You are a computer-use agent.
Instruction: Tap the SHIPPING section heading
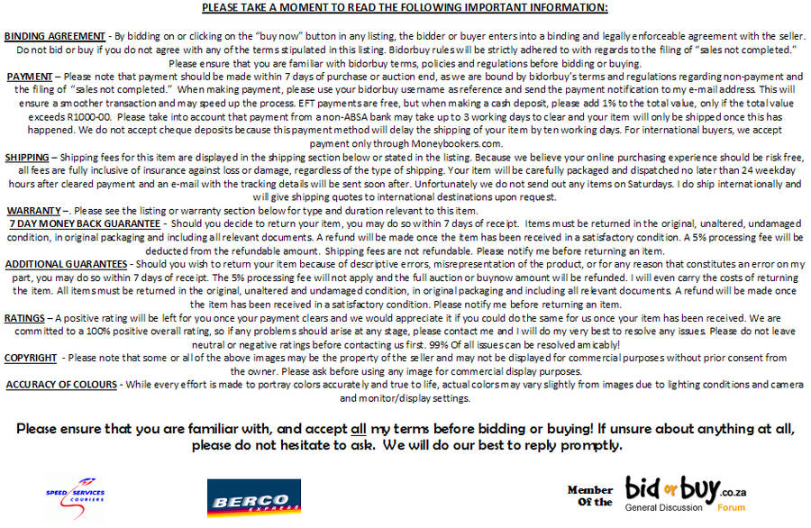[27, 158]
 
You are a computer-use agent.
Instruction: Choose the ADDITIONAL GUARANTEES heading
[66, 263]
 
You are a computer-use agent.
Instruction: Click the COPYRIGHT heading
[32, 358]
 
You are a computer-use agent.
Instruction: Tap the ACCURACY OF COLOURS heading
[61, 385]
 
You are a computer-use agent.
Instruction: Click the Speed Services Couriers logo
[76, 494]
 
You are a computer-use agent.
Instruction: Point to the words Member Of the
[590, 496]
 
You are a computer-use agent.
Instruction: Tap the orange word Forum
[731, 507]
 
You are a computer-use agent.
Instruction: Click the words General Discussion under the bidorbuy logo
[663, 507]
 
